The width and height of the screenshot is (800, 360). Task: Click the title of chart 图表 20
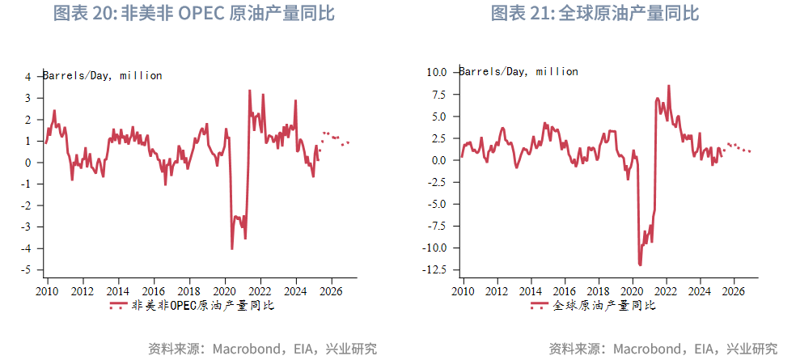coord(193,14)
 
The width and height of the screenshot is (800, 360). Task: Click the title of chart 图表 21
coord(595,14)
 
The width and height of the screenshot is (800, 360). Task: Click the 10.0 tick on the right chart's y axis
coord(436,72)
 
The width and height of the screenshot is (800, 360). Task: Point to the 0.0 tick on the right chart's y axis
coord(438,160)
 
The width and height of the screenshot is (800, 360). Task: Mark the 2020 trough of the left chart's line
coord(232,248)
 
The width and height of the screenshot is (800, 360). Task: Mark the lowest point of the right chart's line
coord(640,265)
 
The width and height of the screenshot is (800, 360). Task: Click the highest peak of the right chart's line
coord(668,86)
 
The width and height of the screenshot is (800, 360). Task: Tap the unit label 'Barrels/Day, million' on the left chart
coord(103,76)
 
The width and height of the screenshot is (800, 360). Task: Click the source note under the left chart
coord(263,349)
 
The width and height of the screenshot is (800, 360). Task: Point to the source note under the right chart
coord(663,349)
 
